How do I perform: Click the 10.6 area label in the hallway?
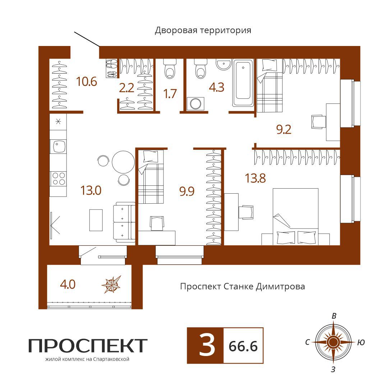point(87,82)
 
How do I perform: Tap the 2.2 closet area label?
point(126,88)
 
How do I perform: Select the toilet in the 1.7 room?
point(170,69)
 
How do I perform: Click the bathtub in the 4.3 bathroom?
point(243,83)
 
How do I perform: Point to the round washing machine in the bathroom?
point(195,104)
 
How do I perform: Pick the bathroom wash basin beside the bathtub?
point(223,64)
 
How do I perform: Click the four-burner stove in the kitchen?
point(58,179)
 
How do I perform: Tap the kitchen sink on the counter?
point(58,146)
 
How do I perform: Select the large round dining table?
point(123,162)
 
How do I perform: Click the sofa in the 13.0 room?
point(124,222)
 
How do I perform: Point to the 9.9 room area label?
point(187,191)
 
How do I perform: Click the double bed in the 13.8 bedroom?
point(295,217)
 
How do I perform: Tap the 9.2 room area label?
point(283,129)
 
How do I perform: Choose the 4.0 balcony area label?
point(68,285)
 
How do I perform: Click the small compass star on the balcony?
point(112,285)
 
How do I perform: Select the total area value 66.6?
point(243,346)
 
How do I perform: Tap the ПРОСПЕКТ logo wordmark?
point(88,346)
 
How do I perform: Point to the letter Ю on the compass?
point(361,342)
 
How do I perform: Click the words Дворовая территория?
point(203,31)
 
